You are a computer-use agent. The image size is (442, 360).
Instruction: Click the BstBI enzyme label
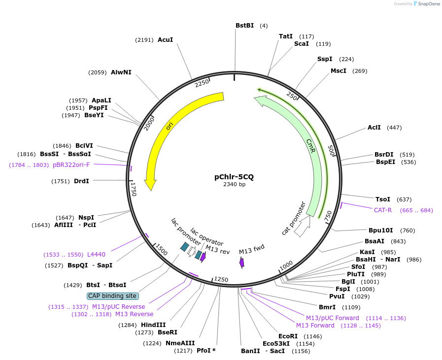(244, 26)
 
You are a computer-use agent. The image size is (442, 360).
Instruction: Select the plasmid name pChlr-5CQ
(234, 176)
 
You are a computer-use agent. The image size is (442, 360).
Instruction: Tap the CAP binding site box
(112, 296)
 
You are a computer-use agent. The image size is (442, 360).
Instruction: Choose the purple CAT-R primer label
(382, 210)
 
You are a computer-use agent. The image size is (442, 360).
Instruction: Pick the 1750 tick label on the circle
(134, 189)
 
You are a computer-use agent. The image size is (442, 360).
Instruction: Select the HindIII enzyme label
(153, 325)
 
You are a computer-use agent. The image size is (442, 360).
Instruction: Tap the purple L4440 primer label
(96, 255)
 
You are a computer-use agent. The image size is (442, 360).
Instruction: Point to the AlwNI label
(121, 72)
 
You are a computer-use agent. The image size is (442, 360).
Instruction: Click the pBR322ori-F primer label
(71, 165)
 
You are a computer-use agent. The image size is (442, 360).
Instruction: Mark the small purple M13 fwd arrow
(242, 262)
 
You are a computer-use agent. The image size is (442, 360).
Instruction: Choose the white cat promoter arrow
(302, 226)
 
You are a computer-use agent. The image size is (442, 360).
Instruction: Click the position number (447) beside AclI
(394, 128)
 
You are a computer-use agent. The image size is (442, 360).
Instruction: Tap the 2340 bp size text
(234, 185)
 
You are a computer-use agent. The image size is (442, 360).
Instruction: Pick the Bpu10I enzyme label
(381, 230)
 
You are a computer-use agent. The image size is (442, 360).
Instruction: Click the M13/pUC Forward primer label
(333, 318)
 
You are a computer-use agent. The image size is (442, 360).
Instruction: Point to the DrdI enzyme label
(81, 181)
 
